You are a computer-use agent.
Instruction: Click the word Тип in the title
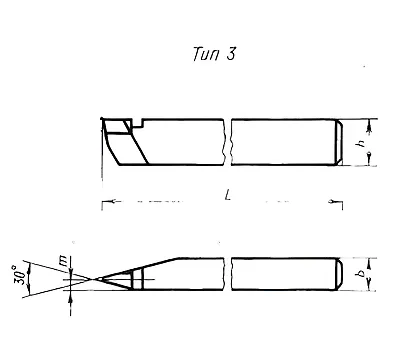(x=206, y=54)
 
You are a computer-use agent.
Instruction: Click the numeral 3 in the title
(x=231, y=54)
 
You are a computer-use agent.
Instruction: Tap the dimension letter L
(x=228, y=195)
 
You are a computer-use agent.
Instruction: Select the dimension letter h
(x=360, y=144)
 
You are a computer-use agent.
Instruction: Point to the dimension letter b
(x=360, y=274)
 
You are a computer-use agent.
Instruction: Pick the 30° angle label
(x=20, y=275)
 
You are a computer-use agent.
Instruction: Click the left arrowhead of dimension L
(x=112, y=201)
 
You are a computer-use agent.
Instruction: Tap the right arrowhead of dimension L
(x=332, y=201)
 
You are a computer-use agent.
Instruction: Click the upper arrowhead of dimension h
(x=369, y=127)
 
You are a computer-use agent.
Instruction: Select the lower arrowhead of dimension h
(x=369, y=156)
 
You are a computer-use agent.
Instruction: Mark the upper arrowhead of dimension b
(x=369, y=264)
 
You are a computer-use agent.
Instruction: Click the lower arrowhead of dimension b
(x=369, y=284)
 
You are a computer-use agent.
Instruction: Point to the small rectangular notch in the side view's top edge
(x=137, y=123)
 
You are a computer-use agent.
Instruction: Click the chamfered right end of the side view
(x=339, y=142)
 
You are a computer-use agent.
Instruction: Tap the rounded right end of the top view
(x=338, y=274)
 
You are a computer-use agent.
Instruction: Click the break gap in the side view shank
(x=227, y=142)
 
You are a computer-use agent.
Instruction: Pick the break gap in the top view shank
(x=227, y=274)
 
